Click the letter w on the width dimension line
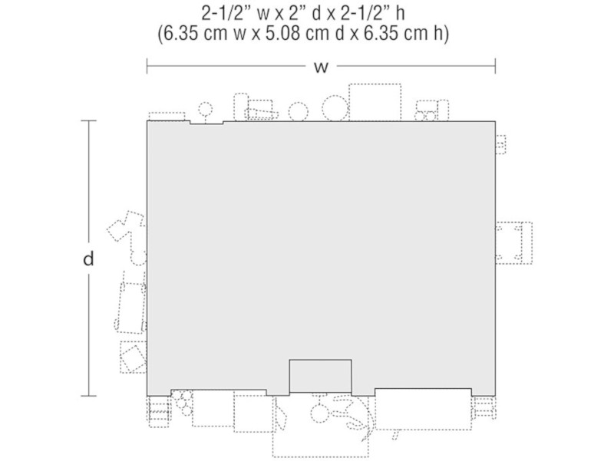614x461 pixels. point(321,68)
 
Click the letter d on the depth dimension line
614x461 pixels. point(88,258)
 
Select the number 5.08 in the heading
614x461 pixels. point(283,33)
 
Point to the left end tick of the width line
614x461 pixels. point(147,66)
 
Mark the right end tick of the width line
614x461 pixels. point(495,66)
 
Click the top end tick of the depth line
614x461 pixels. point(88,121)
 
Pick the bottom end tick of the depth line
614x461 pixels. point(88,396)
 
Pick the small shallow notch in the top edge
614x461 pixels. point(206,123)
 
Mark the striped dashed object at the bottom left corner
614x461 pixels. point(159,412)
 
